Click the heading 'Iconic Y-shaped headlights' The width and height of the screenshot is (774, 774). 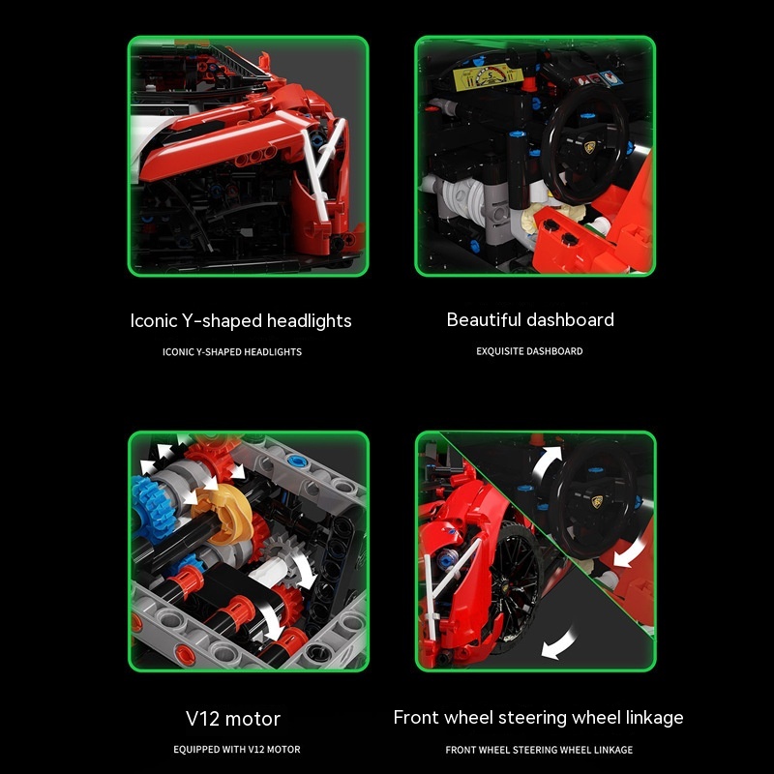coord(241,321)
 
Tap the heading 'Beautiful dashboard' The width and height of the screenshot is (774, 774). coord(530,319)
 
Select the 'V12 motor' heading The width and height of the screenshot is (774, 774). coord(233,718)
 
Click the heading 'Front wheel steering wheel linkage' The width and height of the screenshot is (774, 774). coord(538,717)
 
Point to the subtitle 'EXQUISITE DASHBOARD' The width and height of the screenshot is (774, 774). coord(529,351)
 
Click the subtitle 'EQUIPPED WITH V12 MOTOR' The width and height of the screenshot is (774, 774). coord(236,749)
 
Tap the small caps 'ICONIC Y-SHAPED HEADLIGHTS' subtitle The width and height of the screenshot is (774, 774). coord(232,352)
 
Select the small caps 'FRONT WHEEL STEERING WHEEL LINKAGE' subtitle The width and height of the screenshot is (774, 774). coord(539,750)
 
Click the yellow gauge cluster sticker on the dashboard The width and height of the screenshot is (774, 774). coord(488,76)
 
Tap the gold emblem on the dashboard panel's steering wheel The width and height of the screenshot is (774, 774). coord(589,147)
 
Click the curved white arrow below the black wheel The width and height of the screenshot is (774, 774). coord(560,643)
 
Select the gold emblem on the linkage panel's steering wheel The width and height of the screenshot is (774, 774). coord(597,501)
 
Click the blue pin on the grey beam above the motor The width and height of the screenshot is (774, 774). coord(297,462)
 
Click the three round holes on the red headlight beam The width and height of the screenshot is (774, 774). coord(255,157)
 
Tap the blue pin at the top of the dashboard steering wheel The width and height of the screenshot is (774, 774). coord(587,116)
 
